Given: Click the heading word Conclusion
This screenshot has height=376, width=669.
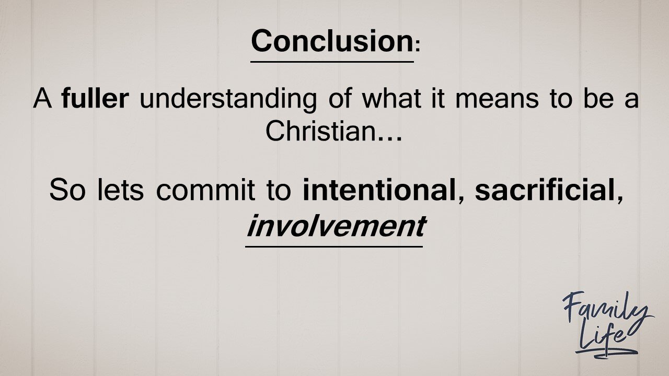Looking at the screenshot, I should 331,41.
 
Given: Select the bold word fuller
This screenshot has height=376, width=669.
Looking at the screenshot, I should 95,99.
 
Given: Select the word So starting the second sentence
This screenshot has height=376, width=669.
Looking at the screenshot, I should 67,191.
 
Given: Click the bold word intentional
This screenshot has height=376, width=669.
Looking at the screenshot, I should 379,191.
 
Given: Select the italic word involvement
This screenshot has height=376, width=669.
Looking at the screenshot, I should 334,226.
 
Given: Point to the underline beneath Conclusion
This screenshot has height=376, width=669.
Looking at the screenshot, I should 332,62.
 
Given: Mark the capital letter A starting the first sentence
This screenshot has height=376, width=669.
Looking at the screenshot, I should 42,99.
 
